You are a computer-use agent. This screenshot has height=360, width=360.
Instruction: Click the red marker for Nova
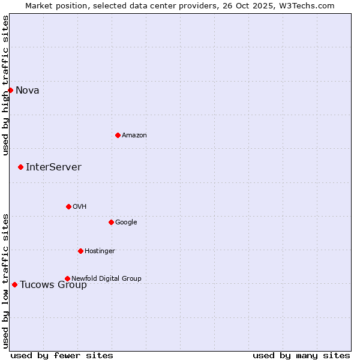tap(10, 90)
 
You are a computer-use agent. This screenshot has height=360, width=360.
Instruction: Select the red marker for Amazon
tap(118, 135)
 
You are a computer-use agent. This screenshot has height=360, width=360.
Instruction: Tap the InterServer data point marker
tap(20, 167)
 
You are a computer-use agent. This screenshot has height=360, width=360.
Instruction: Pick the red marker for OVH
tap(68, 206)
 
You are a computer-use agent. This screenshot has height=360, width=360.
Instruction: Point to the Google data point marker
tap(111, 222)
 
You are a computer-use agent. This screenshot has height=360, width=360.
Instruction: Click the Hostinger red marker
tap(80, 251)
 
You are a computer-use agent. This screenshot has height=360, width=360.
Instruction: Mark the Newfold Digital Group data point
tap(67, 278)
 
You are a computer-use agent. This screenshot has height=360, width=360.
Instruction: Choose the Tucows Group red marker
tap(14, 284)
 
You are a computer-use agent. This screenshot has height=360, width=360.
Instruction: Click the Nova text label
tap(28, 91)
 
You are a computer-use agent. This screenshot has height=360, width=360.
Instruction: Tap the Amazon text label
tap(134, 136)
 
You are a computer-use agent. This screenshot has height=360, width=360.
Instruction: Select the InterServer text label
tap(53, 167)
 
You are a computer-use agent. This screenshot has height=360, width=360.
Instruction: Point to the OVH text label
tap(80, 207)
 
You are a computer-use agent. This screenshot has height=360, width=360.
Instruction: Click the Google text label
tap(126, 223)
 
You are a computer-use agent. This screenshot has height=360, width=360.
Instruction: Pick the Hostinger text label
tap(100, 251)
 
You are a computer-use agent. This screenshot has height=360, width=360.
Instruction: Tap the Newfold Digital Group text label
tap(106, 279)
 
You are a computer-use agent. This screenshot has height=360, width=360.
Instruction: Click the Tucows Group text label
tap(53, 285)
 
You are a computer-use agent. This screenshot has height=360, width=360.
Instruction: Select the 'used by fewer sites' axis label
tap(62, 356)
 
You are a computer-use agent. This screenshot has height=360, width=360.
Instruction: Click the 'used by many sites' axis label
tap(301, 356)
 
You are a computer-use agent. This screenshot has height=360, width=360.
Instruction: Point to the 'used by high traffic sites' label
tap(5, 85)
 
